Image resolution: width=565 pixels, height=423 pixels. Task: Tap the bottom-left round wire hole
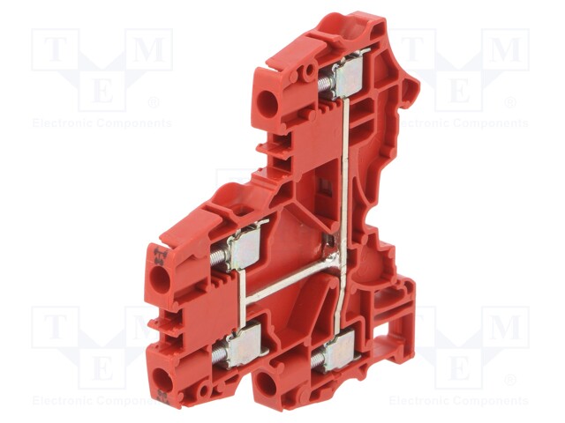162,381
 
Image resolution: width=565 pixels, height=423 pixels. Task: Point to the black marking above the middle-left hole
161,256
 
